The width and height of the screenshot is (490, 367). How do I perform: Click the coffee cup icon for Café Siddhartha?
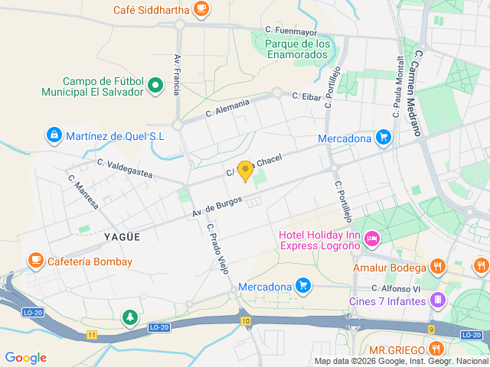click(x=201, y=9)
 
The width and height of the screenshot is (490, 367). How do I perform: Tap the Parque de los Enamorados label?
click(x=298, y=49)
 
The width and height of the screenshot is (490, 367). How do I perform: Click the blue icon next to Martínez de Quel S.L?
click(x=54, y=136)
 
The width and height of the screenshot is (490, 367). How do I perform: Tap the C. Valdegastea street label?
click(x=125, y=169)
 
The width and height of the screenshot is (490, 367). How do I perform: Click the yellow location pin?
click(x=245, y=171)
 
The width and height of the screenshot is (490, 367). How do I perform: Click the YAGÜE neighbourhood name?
click(x=122, y=237)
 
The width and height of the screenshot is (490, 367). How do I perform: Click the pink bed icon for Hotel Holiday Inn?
click(x=372, y=240)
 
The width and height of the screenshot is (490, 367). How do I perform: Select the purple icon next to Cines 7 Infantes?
click(x=437, y=300)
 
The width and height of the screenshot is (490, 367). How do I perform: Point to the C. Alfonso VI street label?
click(x=397, y=288)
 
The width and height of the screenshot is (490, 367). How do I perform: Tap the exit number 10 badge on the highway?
click(x=244, y=320)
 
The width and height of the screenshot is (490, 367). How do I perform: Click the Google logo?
click(x=25, y=358)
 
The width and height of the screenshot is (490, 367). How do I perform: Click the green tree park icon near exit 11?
click(x=130, y=317)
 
